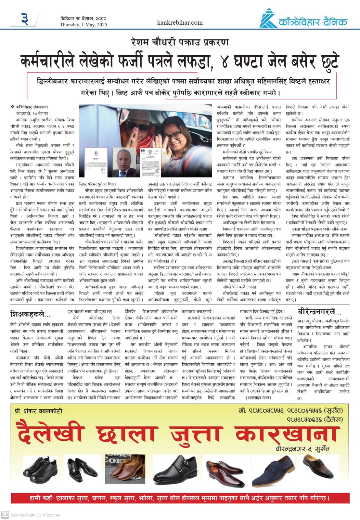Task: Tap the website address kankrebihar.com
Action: (x=180, y=22)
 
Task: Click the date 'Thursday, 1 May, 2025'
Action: (x=84, y=25)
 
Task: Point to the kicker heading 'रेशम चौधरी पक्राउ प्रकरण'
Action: (x=180, y=42)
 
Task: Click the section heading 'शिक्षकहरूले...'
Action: (x=31, y=314)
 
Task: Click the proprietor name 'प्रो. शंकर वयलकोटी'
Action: (x=39, y=411)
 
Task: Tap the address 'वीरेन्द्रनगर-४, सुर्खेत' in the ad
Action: (x=302, y=449)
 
